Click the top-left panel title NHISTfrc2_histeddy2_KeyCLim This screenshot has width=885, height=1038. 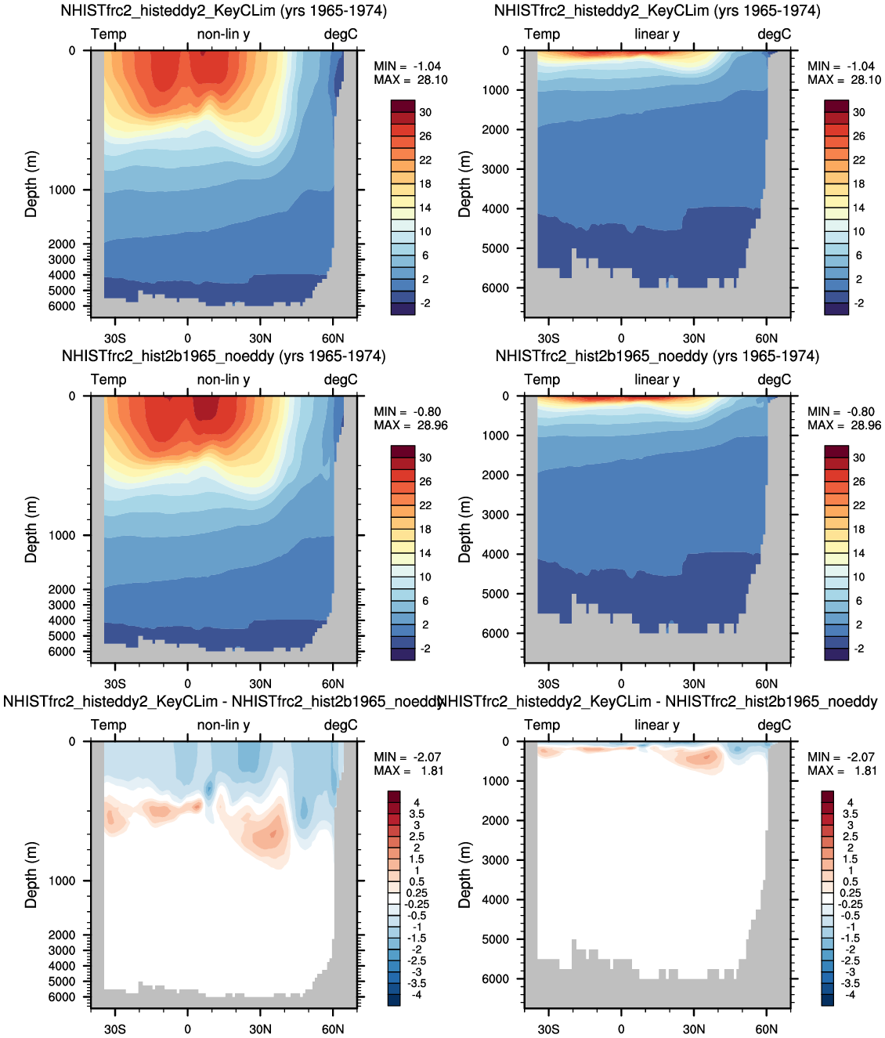168,10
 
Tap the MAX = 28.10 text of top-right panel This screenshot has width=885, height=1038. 843,80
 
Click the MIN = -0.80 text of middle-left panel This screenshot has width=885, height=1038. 406,412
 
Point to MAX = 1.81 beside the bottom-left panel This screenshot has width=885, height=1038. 409,771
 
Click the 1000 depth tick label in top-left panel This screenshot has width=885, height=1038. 61,190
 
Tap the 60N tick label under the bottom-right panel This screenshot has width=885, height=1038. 766,1029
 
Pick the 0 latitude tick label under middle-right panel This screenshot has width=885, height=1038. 621,683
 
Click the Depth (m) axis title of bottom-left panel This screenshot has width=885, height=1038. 31,875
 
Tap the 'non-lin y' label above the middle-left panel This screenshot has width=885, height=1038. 223,380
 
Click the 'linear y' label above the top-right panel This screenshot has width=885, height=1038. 656,34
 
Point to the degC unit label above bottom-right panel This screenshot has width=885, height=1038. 774,725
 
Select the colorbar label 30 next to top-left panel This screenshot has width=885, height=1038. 425,113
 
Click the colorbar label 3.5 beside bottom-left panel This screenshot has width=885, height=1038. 417,813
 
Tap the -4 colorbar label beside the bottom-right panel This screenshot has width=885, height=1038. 850,995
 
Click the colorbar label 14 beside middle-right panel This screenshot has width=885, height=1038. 859,553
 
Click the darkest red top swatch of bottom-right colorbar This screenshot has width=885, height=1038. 827,797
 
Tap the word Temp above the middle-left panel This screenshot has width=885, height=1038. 108,380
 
